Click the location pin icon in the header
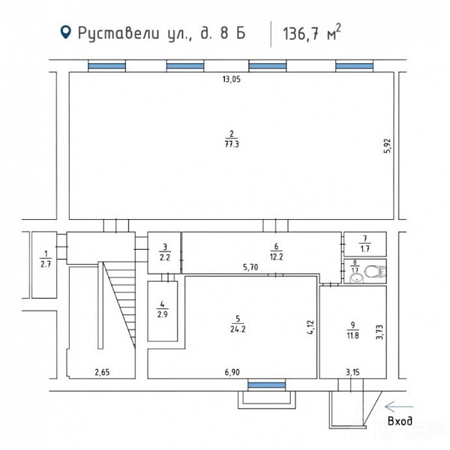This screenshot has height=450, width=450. [x=66, y=32]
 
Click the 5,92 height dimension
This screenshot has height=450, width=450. [x=388, y=145]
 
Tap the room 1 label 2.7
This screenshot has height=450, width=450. [x=44, y=263]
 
